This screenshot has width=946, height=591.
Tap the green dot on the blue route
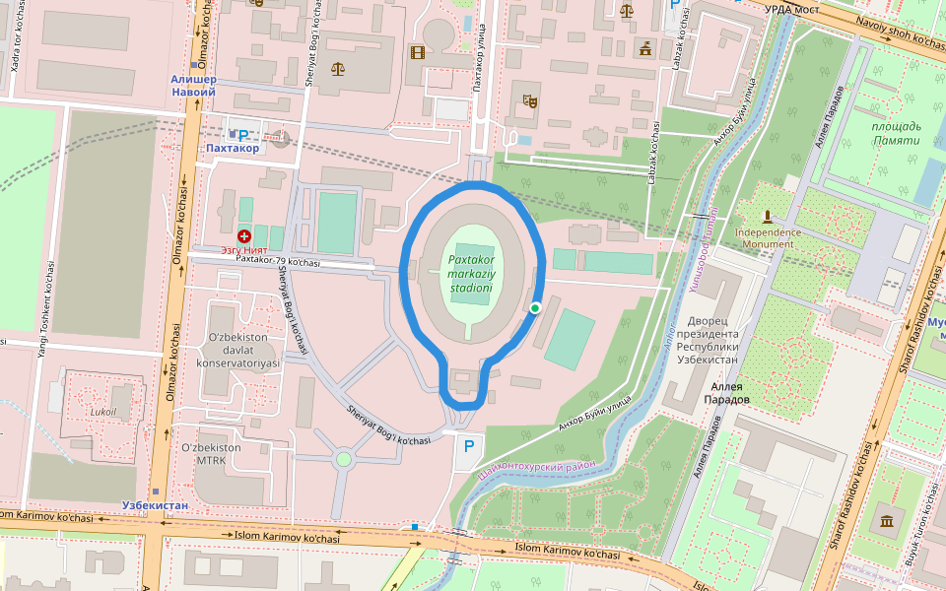tap(535, 308)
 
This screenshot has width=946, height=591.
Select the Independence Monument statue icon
tap(767, 216)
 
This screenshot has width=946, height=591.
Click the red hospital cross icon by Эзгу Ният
tap(243, 236)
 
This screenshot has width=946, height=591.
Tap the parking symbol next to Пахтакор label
tap(242, 134)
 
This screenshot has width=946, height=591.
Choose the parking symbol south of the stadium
tap(469, 447)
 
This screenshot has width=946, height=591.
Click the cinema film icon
tap(418, 52)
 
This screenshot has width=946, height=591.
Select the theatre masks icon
tap(530, 98)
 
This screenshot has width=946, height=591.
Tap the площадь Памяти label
tap(897, 133)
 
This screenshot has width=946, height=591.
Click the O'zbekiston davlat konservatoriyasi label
tap(238, 351)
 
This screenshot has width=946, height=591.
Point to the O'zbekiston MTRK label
tap(211, 454)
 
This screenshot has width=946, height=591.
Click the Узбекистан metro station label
tap(155, 505)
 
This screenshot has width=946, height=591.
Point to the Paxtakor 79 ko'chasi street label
tap(278, 261)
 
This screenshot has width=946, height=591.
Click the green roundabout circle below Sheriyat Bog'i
tap(343, 459)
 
